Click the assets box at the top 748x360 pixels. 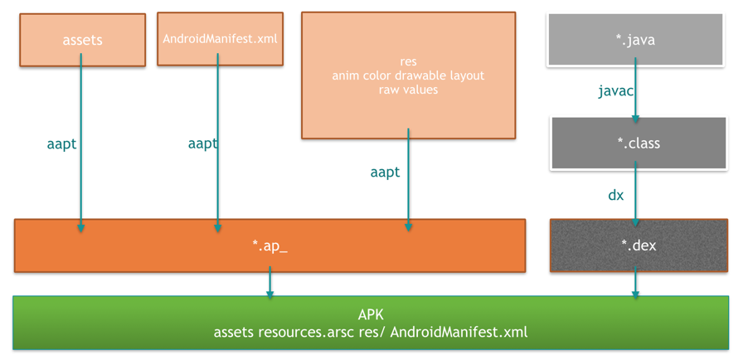pos(83,40)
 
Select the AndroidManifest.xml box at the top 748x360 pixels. pos(220,39)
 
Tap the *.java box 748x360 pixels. pos(635,40)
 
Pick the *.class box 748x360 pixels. pos(639,143)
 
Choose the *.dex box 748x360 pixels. pos(639,246)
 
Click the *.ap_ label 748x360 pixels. pos(270,246)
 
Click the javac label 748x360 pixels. pos(616,91)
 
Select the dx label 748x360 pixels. pos(616,195)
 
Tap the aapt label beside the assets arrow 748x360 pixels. pos(61,144)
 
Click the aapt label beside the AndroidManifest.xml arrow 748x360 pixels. pos(203,144)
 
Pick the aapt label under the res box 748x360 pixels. pos(385,173)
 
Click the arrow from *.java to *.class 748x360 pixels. pos(635,90)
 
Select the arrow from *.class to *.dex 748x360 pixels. pos(635,194)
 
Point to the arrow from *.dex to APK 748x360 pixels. pos(635,283)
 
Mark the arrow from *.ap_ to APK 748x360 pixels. pos(270,283)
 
